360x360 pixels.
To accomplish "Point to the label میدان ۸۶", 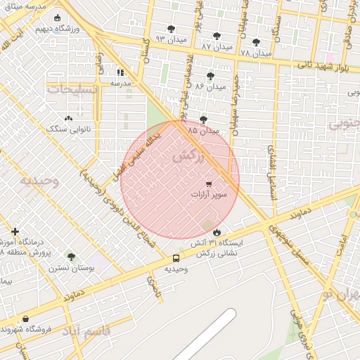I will [210, 87].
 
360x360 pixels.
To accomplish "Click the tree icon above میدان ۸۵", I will [203, 120].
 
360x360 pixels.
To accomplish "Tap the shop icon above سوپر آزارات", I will [208, 184].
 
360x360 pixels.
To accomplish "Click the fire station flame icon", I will [216, 232].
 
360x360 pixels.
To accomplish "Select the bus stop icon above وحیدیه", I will [176, 258].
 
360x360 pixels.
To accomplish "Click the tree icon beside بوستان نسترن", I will [70, 257].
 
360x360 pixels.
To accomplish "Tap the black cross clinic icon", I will [15, 231].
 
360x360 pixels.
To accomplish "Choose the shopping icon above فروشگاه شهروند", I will [26, 319].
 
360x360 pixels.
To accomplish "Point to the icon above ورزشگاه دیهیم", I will [57, 18].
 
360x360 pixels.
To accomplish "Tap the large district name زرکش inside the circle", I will [188, 157].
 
